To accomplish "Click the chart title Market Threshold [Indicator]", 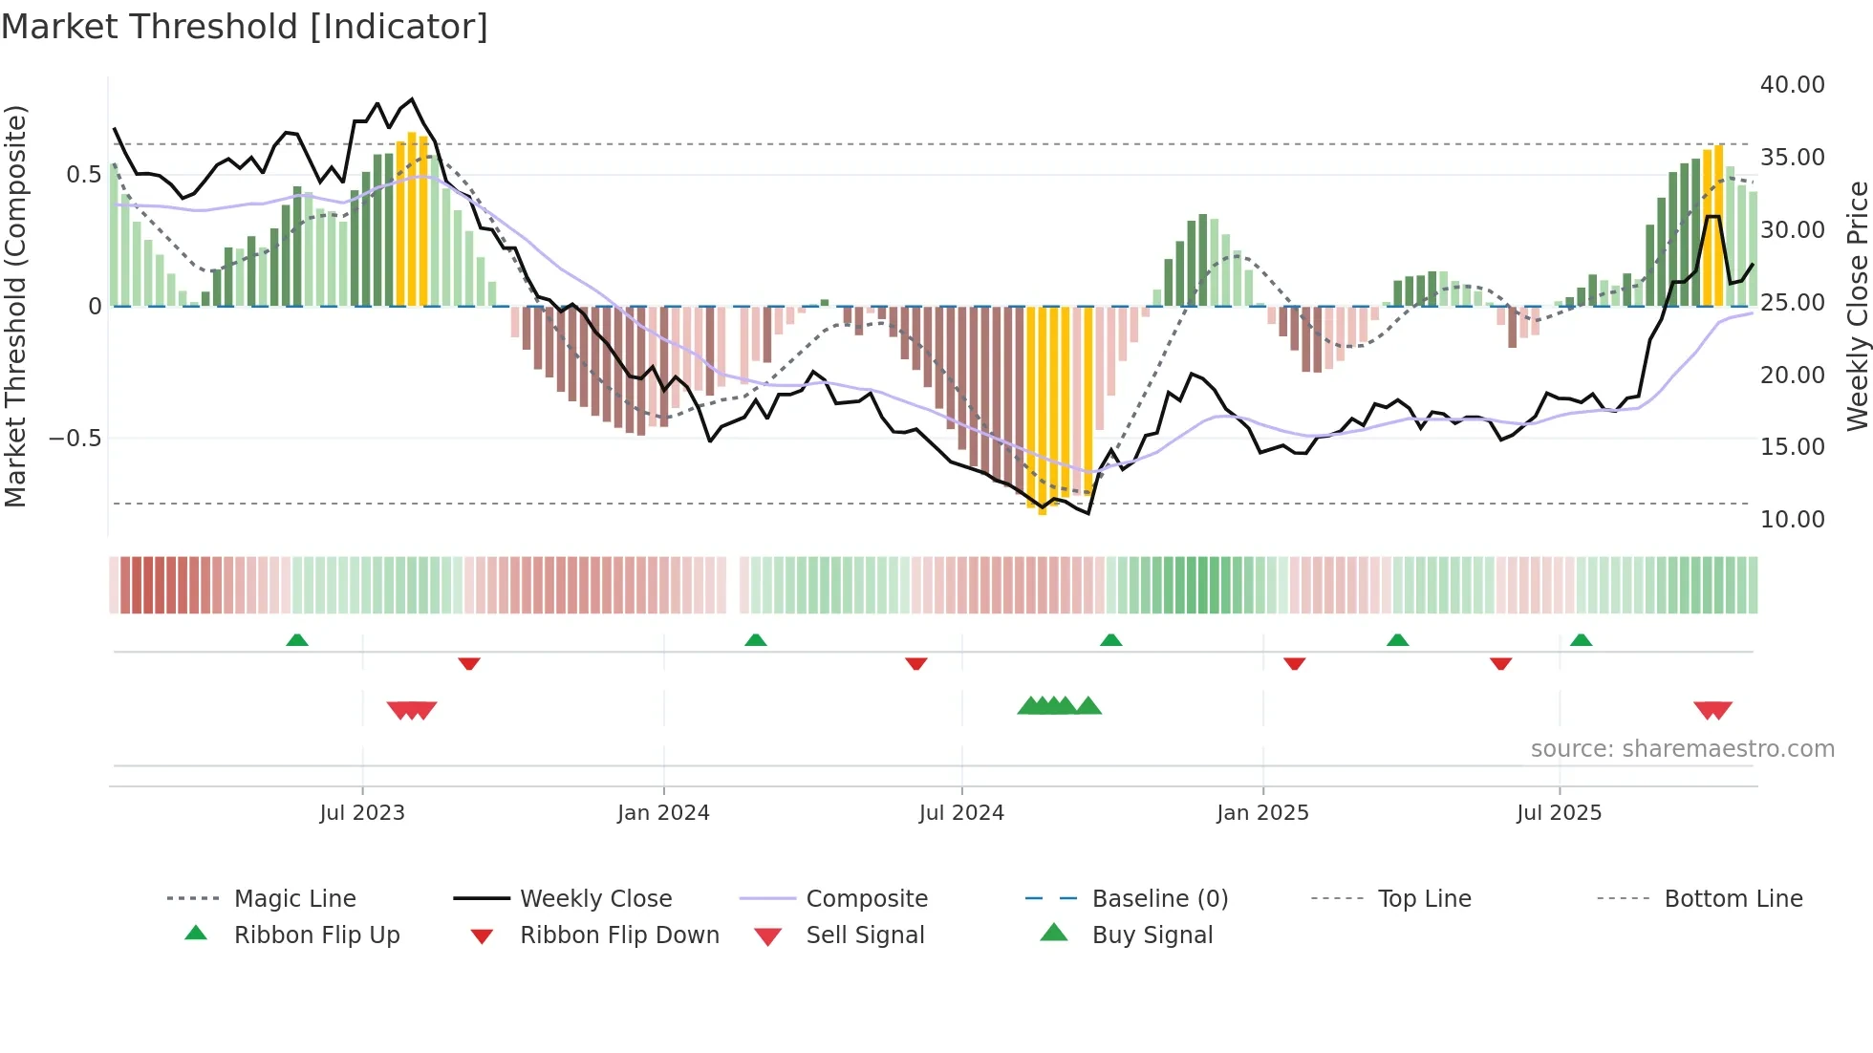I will pyautogui.click(x=245, y=27).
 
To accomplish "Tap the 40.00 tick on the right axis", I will pyautogui.click(x=1792, y=85).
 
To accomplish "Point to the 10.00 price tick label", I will pyautogui.click(x=1792, y=520).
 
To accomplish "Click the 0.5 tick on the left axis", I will pyautogui.click(x=83, y=175).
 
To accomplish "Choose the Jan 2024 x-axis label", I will pyautogui.click(x=663, y=813).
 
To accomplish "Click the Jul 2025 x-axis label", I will pyautogui.click(x=1559, y=813).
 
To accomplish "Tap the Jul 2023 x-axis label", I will pyautogui.click(x=362, y=813).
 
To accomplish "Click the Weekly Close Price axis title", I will pyautogui.click(x=1857, y=306).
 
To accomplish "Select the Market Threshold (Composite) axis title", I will pyautogui.click(x=15, y=306).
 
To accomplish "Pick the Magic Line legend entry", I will pyautogui.click(x=294, y=899).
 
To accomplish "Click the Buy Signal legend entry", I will pyautogui.click(x=1152, y=935).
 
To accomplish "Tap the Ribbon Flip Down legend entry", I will pyautogui.click(x=618, y=935).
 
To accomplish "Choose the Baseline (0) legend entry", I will pyautogui.click(x=1159, y=899).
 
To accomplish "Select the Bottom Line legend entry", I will pyautogui.click(x=1733, y=899).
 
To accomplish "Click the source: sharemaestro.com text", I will pyautogui.click(x=1682, y=749).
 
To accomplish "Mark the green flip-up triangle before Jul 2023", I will pyautogui.click(x=297, y=640).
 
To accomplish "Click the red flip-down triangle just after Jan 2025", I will pyautogui.click(x=1295, y=663).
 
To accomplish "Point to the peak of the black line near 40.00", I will pyautogui.click(x=412, y=99).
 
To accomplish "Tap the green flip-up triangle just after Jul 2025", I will pyautogui.click(x=1582, y=640).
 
